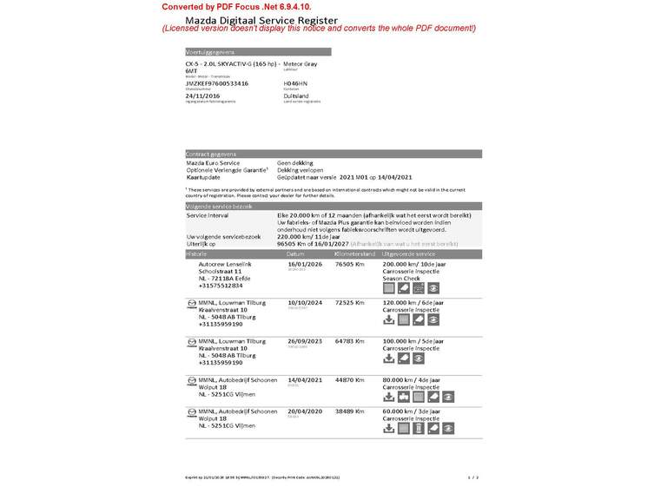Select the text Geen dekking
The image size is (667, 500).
[x=296, y=163]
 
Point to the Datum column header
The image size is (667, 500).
[x=296, y=253]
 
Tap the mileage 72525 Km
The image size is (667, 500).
[x=350, y=302]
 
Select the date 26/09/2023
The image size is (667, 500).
[x=304, y=341]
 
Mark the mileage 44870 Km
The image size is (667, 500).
[x=350, y=379]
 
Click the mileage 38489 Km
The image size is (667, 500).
[x=350, y=411]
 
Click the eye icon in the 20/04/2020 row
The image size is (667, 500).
[x=435, y=428]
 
